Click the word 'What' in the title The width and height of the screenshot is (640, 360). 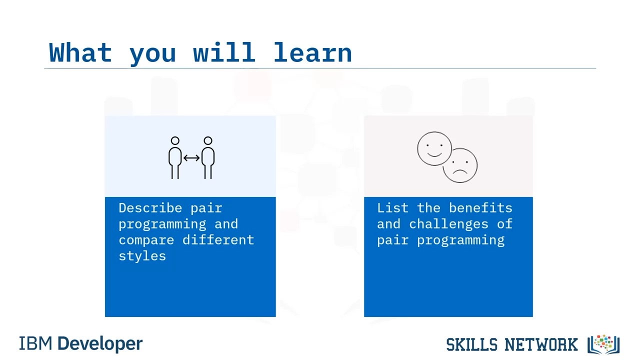80,52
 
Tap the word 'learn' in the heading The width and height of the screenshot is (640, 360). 313,52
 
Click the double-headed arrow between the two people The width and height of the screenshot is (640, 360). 191,157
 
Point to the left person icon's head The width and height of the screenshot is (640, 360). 175,140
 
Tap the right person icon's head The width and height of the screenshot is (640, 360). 208,140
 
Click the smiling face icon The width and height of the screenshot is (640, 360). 434,148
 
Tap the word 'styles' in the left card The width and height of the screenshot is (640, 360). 142,256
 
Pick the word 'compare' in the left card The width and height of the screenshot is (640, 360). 146,240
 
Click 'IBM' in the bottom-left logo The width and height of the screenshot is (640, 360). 35,343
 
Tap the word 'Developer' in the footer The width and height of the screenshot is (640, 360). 100,344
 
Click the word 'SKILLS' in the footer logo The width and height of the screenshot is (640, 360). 471,344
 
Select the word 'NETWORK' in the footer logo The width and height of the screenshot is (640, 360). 541,344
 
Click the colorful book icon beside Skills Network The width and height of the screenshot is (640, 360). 603,344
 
